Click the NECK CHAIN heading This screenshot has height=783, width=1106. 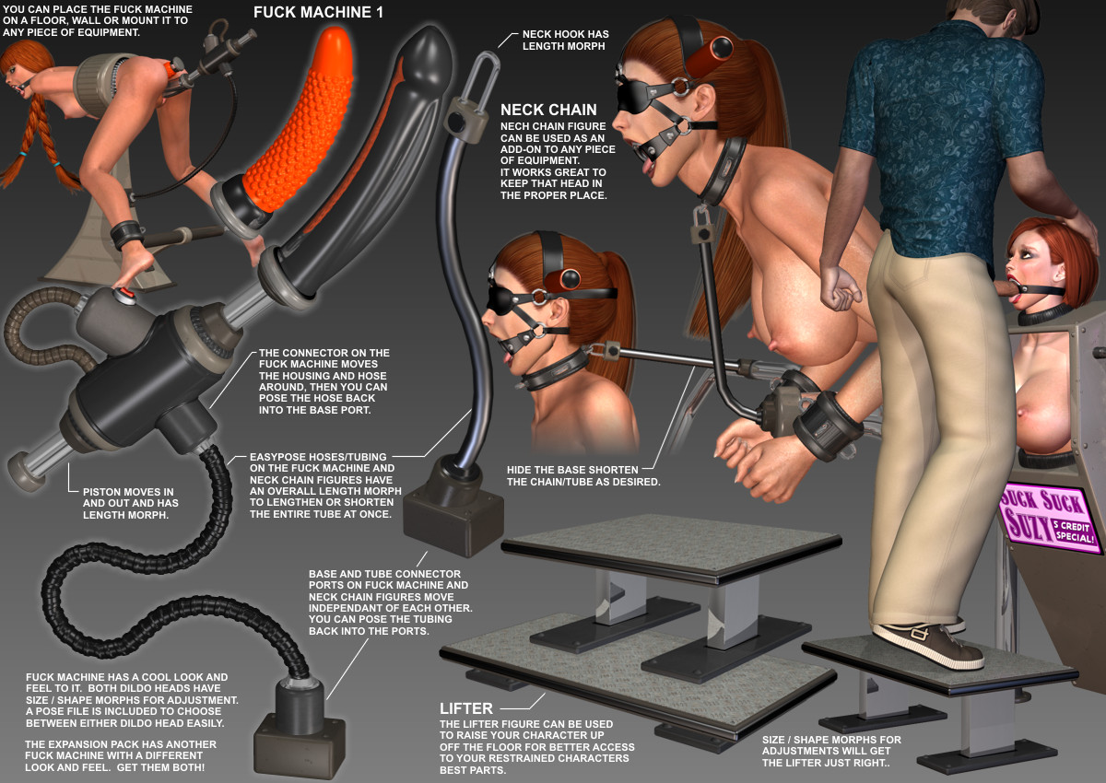click(548, 110)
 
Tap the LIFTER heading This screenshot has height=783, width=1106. click(466, 708)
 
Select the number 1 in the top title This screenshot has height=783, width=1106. click(379, 12)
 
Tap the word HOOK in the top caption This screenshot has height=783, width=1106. click(566, 34)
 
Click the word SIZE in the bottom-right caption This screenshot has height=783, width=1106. click(774, 740)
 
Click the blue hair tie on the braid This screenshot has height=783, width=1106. click(22, 155)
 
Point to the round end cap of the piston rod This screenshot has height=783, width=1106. click(26, 471)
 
